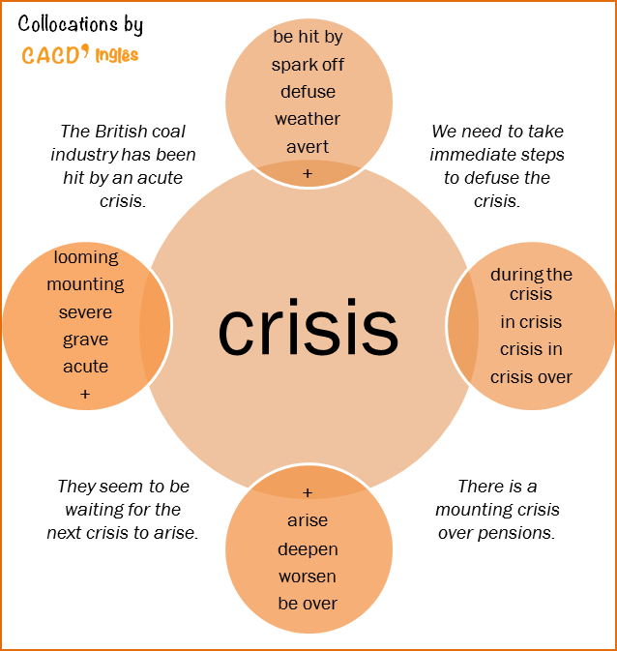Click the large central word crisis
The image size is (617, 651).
pyautogui.click(x=308, y=329)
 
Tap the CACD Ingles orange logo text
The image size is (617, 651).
pyautogui.click(x=80, y=54)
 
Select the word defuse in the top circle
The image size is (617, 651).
pyautogui.click(x=308, y=92)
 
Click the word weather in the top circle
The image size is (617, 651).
pyautogui.click(x=308, y=119)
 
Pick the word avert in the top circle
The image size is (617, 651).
pyautogui.click(x=308, y=147)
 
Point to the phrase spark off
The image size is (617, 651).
pyautogui.click(x=308, y=65)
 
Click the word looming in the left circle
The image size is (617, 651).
pyautogui.click(x=86, y=257)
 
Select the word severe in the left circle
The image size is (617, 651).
pyautogui.click(x=85, y=312)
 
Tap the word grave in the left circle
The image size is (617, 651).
pyautogui.click(x=85, y=340)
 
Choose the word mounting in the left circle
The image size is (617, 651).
pyautogui.click(x=85, y=284)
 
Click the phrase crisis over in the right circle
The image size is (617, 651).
pyautogui.click(x=531, y=377)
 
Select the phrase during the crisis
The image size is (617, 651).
pyautogui.click(x=531, y=283)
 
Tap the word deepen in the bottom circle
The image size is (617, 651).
pyautogui.click(x=308, y=548)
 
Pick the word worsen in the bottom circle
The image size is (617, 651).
pyautogui.click(x=308, y=576)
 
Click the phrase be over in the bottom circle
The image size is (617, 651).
pyautogui.click(x=308, y=603)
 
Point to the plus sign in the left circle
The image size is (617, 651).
pyautogui.click(x=85, y=394)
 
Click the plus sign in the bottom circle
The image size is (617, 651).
pyautogui.click(x=308, y=492)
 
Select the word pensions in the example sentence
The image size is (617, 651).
pyautogui.click(x=522, y=532)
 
